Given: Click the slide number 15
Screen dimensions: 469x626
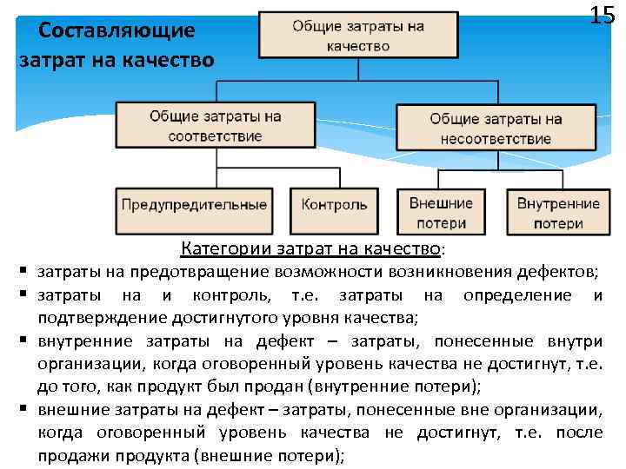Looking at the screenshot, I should (602, 16).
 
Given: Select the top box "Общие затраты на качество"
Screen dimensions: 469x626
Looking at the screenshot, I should (358, 36).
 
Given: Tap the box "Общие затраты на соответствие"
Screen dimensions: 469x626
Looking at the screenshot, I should (215, 126).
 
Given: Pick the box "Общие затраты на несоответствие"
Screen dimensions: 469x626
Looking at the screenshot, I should (495, 129).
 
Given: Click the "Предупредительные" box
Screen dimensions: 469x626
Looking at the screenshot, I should (194, 206).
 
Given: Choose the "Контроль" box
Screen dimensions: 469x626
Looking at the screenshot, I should (335, 206).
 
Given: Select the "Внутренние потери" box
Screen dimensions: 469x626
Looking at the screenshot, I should (558, 214).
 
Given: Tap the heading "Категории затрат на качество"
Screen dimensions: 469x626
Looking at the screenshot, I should (310, 250).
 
